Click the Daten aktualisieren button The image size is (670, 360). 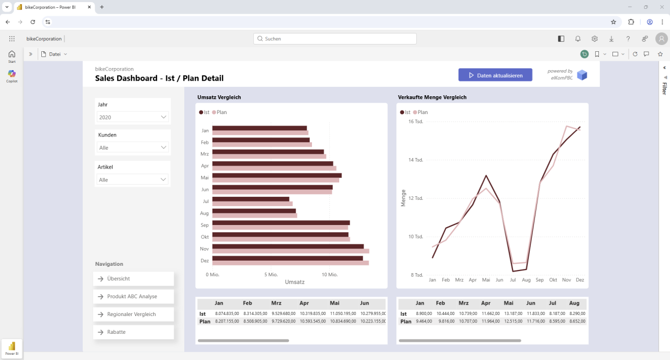(x=495, y=75)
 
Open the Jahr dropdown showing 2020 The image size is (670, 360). (x=133, y=117)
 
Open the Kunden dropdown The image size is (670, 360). (x=133, y=148)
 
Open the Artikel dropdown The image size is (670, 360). (x=133, y=179)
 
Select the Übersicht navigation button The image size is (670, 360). (x=133, y=279)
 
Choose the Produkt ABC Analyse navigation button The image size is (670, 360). (x=133, y=297)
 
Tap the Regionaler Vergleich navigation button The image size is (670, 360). (x=133, y=314)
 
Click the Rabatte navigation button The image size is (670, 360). (x=133, y=332)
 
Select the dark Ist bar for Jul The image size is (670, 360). (x=251, y=199)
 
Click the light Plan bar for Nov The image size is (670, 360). (x=291, y=251)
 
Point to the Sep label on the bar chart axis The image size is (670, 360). (x=205, y=225)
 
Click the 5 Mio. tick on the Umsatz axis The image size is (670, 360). (x=271, y=275)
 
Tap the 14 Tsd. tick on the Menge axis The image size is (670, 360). (x=415, y=160)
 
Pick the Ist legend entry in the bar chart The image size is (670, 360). (x=204, y=113)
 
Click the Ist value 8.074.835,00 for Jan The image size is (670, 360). (x=227, y=313)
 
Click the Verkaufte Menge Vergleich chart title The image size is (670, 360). (x=432, y=97)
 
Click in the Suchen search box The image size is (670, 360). (x=335, y=39)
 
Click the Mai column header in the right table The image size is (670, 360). (x=508, y=303)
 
